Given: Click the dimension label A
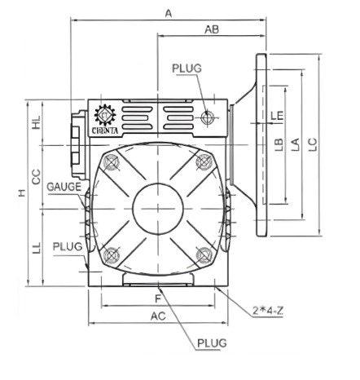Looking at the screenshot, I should click(x=169, y=12).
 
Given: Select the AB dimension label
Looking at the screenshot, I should click(x=211, y=29).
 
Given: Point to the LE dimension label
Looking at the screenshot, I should click(x=277, y=117).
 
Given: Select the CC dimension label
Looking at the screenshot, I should click(x=37, y=175).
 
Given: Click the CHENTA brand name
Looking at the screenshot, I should click(x=107, y=126).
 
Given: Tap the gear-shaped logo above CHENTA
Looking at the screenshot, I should click(x=107, y=113).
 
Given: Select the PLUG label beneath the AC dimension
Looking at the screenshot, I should click(x=212, y=343).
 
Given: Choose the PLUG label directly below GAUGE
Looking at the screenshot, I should click(x=66, y=245).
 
